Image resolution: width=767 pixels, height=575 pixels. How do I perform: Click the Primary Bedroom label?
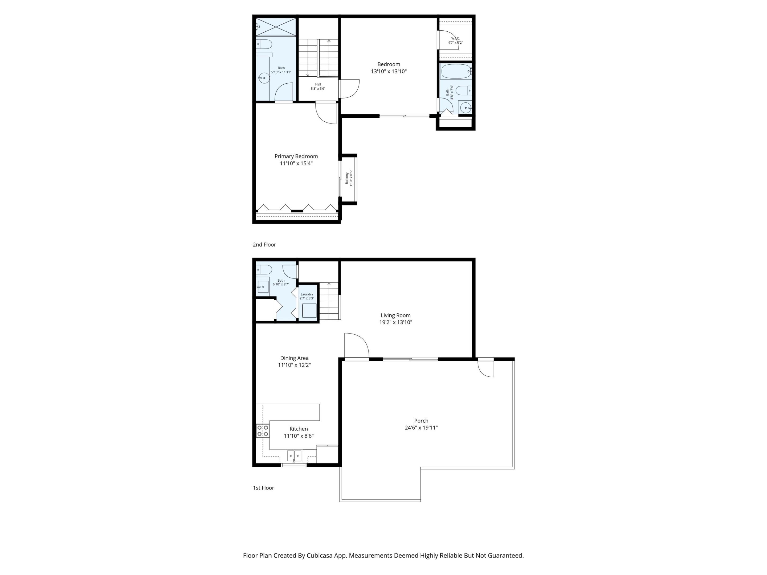click(x=296, y=156)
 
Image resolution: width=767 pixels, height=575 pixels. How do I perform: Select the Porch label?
click(x=421, y=421)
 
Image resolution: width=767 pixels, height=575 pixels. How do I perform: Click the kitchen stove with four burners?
click(x=263, y=431)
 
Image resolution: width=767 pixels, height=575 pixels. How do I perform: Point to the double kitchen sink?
click(x=294, y=455)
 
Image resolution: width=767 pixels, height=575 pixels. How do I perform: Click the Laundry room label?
click(x=307, y=294)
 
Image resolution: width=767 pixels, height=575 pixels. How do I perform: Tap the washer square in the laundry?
click(x=309, y=311)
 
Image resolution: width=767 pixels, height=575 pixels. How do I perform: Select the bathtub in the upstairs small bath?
click(x=455, y=71)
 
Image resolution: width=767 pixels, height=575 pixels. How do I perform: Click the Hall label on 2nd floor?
click(x=318, y=84)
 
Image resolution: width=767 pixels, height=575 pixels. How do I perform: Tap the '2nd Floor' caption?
click(x=264, y=245)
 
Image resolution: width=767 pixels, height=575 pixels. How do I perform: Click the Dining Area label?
click(x=294, y=358)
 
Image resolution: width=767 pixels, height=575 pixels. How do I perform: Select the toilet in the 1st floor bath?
click(x=264, y=269)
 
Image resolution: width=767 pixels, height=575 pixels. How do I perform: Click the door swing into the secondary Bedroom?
click(x=349, y=88)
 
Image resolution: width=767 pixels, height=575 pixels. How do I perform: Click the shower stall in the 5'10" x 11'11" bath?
click(x=276, y=27)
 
